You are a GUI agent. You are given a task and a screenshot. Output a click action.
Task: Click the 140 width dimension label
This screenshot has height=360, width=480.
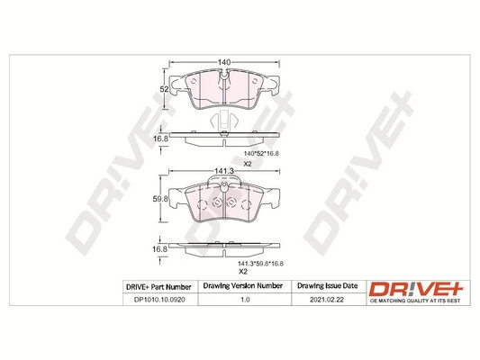point(223,61)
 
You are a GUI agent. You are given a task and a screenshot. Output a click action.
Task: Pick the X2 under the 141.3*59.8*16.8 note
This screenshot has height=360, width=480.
point(242,272)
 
